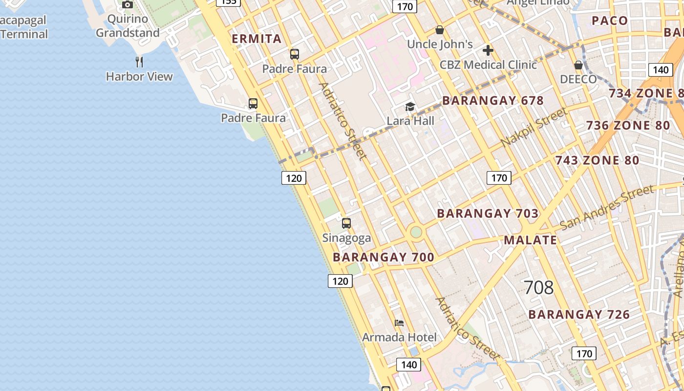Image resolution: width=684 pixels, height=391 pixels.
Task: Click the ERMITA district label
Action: click(256, 39)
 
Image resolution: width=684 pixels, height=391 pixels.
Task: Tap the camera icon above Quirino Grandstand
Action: click(128, 5)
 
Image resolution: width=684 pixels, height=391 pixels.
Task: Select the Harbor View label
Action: click(139, 77)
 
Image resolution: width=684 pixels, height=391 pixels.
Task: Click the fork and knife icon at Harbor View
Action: click(139, 62)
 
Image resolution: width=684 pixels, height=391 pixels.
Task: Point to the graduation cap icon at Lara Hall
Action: click(410, 107)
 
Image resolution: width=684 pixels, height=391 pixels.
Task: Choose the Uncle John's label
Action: click(440, 44)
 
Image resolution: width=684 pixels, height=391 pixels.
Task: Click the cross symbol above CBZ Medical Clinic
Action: click(488, 50)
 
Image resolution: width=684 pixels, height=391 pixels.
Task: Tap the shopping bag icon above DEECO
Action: click(578, 65)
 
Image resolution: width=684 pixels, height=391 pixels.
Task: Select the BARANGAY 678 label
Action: click(492, 101)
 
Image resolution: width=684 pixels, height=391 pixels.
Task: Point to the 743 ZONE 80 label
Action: click(597, 160)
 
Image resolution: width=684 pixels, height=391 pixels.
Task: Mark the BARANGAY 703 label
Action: click(488, 214)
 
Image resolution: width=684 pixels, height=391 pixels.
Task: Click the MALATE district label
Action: click(530, 240)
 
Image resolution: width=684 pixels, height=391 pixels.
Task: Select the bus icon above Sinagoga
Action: click(346, 223)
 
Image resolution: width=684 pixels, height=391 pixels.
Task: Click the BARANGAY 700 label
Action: click(384, 258)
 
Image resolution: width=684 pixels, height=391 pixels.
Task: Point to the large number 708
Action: click(538, 287)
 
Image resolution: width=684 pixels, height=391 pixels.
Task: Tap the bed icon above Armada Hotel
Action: click(399, 323)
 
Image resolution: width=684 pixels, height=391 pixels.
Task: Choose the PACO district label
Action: click(609, 21)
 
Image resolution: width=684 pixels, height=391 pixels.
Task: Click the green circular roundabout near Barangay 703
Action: click(416, 232)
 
